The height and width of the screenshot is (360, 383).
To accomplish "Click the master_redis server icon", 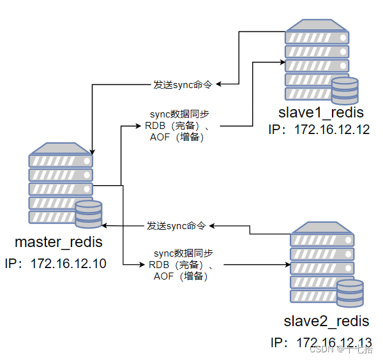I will [61, 185].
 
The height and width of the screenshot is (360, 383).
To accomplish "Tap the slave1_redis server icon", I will [317, 61].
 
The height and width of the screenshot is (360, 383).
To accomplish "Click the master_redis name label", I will [59, 243].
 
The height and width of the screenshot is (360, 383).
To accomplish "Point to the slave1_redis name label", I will [320, 113].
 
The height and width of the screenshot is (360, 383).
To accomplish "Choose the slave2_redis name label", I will [327, 320].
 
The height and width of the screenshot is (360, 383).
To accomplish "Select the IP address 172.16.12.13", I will [321, 342].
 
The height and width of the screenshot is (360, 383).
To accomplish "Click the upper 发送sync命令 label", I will [183, 84].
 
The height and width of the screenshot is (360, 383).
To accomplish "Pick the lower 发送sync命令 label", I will [176, 226].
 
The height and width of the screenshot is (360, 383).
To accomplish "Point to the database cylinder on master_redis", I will [88, 214].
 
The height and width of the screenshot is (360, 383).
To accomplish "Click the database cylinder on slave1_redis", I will [345, 91].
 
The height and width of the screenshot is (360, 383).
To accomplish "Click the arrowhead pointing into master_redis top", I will [93, 150].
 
